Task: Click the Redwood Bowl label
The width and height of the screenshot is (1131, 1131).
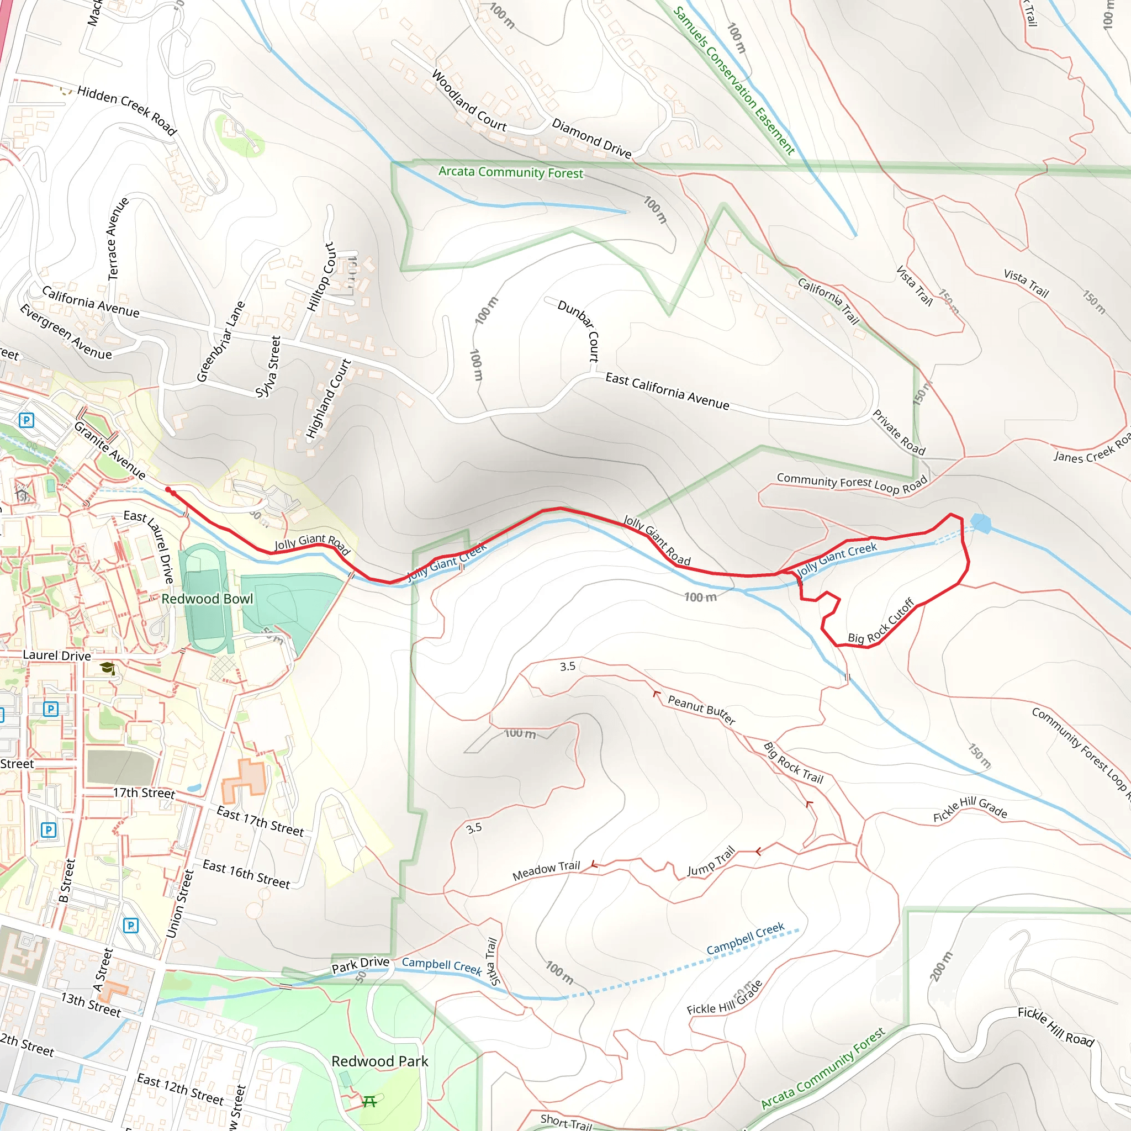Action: coord(207,599)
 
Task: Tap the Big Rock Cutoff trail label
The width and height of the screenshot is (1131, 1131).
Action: coord(880,622)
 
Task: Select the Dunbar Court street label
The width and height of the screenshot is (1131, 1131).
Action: coord(579,331)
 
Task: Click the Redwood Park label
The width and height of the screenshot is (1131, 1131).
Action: coord(379,1061)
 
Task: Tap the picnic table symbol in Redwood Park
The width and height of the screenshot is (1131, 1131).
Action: coord(369,1102)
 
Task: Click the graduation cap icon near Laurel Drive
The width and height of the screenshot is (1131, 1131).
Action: coord(107,668)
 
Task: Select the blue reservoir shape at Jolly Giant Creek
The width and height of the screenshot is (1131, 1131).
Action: coord(981,523)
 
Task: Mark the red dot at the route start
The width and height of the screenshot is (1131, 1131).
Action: coord(168,489)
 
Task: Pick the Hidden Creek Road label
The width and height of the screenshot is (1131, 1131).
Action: coord(127,110)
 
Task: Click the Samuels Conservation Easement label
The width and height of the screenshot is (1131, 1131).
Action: coord(734,80)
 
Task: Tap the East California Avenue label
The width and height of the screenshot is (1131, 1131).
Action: coord(667,392)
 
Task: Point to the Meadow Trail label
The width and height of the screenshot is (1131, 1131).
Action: coord(546,870)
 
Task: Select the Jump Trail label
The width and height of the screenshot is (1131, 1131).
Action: coord(711,862)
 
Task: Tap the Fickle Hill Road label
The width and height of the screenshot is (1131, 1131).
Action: coord(1055,1026)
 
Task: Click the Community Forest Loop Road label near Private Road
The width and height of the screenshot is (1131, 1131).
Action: coord(852,483)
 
